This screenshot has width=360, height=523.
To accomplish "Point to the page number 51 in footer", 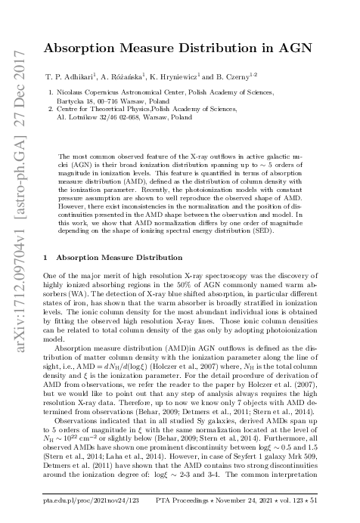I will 315,500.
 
